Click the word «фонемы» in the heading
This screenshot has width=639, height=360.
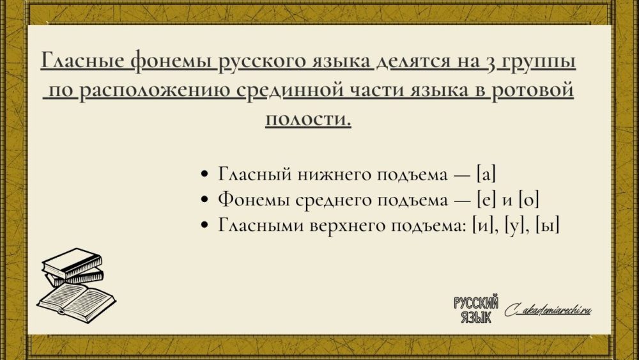[x=173, y=61]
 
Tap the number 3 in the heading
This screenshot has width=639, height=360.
[x=490, y=63]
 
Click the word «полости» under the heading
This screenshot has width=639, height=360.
[x=308, y=119]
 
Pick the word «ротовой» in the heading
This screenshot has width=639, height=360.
[x=533, y=91]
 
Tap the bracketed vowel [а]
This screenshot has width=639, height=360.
[x=486, y=175]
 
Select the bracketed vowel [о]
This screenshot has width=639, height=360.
[x=529, y=200]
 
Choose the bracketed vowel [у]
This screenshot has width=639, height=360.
[x=514, y=225]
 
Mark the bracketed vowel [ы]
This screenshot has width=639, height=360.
[x=548, y=225]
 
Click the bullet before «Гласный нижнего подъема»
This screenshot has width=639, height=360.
[x=205, y=175]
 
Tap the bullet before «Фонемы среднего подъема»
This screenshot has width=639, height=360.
[x=205, y=200]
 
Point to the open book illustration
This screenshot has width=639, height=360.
[x=76, y=302]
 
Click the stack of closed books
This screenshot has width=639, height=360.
[x=73, y=267]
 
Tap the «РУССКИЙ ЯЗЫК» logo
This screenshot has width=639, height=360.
[x=476, y=309]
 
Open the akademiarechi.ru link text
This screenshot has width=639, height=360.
[x=548, y=311]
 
